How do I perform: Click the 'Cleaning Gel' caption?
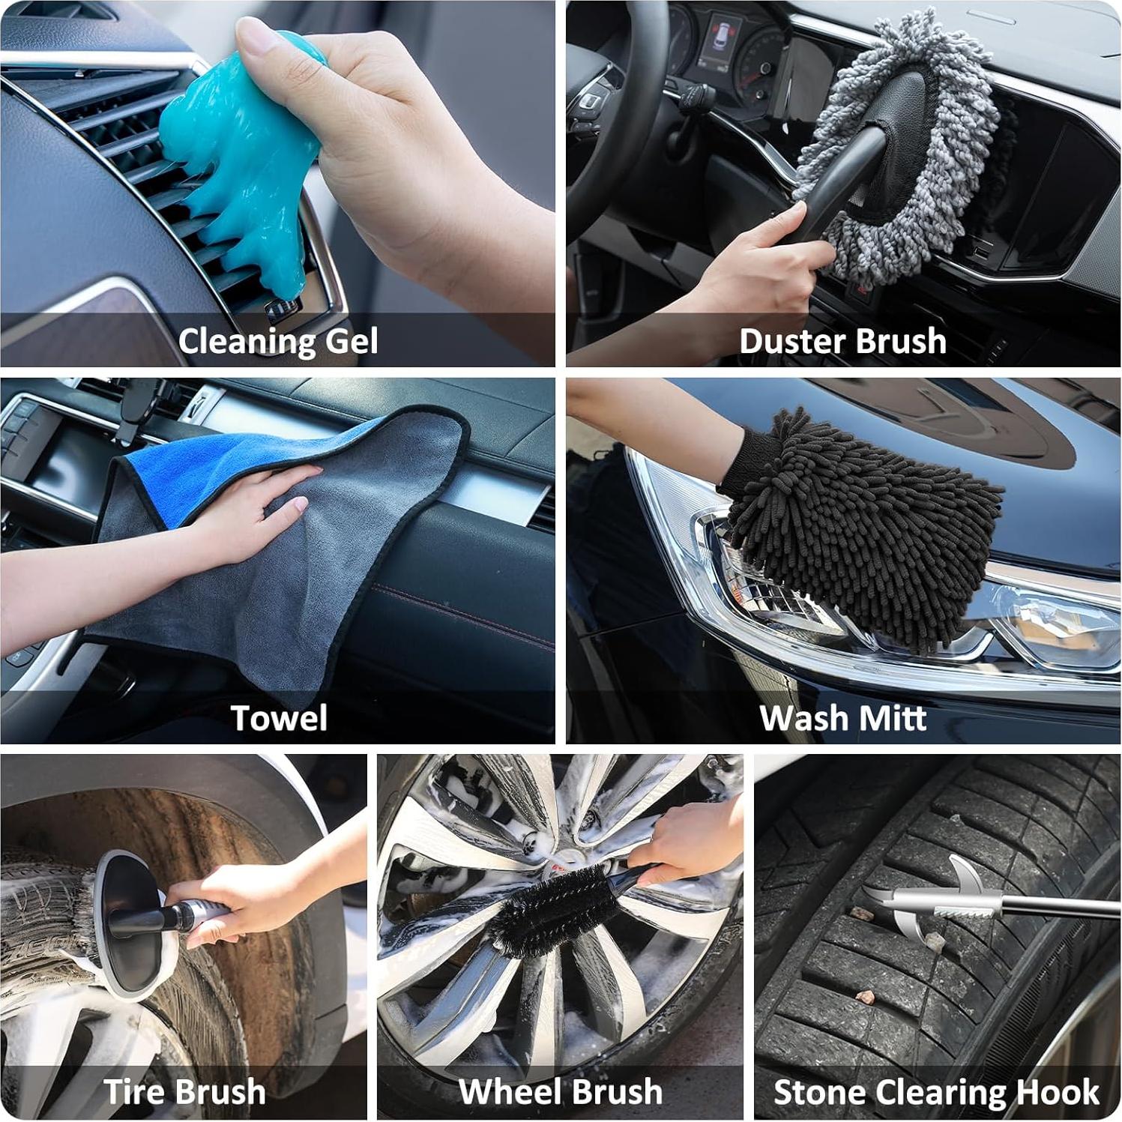[x=278, y=342]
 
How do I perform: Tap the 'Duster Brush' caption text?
[x=842, y=342]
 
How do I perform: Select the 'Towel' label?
[x=278, y=718]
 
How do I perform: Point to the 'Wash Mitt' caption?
[x=842, y=718]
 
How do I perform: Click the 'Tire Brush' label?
[x=184, y=1092]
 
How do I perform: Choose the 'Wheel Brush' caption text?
[x=560, y=1092]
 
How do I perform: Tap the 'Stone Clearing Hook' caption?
[x=936, y=1092]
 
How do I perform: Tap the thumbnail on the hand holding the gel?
[x=255, y=34]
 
